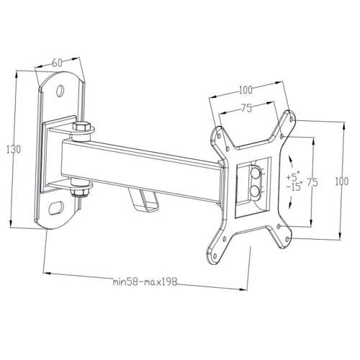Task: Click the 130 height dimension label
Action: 14,150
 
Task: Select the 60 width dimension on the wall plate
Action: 57,63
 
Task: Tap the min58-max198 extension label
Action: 145,282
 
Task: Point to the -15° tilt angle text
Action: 294,186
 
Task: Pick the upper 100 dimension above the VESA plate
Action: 246,90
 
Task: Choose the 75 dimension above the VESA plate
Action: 246,108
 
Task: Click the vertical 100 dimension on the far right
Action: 341,181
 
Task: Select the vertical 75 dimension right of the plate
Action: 312,182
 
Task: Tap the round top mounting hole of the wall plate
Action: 60,91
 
